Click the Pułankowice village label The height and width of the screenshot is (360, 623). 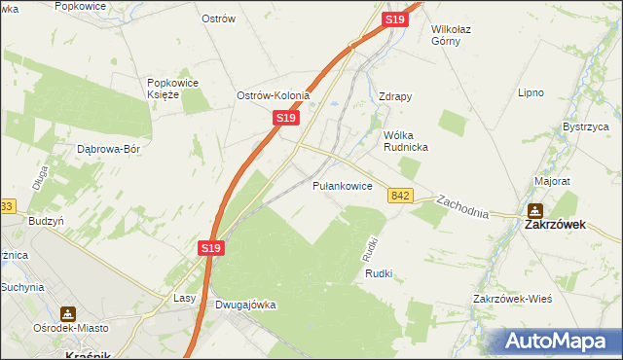[x=342, y=185]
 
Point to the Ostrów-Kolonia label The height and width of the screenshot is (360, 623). [x=273, y=95]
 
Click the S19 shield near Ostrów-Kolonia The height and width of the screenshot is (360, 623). [x=284, y=117]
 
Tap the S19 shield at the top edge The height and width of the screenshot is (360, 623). [x=394, y=18]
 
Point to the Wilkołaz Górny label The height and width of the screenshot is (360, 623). [x=458, y=36]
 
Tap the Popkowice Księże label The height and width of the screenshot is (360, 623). [x=172, y=89]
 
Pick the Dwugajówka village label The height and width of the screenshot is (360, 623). [x=244, y=305]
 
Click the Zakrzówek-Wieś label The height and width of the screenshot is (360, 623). [x=512, y=298]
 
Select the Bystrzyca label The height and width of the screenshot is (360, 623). [x=587, y=126]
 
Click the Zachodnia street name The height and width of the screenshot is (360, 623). [x=462, y=205]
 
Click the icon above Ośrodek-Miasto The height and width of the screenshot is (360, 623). [x=68, y=314]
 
